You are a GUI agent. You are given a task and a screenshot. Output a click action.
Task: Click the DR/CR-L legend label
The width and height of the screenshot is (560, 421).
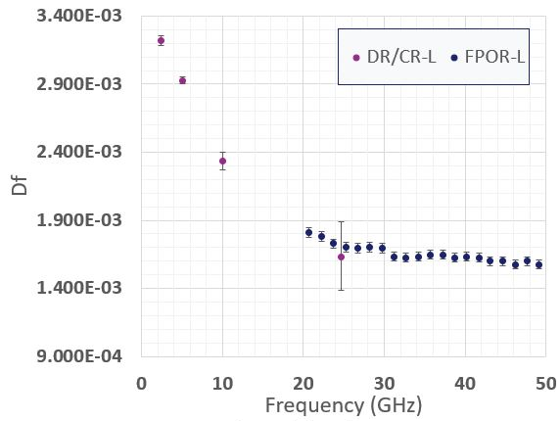(x=401, y=57)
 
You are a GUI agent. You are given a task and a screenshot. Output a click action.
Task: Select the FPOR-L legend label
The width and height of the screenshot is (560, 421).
(x=494, y=57)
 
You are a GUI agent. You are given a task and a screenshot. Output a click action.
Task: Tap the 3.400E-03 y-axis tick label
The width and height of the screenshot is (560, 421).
(x=79, y=16)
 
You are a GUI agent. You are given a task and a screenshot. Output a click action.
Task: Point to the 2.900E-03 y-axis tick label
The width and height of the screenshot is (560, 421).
(x=79, y=84)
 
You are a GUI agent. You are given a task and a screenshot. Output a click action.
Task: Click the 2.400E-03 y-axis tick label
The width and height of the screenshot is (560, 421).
(x=79, y=153)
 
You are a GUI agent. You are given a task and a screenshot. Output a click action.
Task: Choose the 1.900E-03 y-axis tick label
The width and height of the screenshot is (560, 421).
(x=79, y=220)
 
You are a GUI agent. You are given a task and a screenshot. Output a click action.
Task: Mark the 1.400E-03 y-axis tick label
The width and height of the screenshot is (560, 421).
(x=79, y=288)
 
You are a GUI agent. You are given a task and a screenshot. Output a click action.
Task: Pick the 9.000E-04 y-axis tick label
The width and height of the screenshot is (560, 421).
(x=79, y=356)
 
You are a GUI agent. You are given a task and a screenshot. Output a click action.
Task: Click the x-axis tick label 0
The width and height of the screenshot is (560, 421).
(x=141, y=384)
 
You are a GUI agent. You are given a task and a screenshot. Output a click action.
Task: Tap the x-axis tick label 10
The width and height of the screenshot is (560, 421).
(x=222, y=384)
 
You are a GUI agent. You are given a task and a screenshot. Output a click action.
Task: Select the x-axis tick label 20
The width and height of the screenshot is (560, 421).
(x=303, y=384)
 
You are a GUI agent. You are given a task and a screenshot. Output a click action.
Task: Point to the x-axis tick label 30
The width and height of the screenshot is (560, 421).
(x=385, y=384)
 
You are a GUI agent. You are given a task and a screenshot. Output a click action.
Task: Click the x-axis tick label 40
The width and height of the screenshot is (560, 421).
(x=465, y=384)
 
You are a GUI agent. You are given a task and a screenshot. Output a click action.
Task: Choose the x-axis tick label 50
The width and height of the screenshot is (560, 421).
(x=546, y=384)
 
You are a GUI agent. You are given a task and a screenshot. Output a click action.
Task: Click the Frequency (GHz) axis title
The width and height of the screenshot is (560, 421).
(x=344, y=406)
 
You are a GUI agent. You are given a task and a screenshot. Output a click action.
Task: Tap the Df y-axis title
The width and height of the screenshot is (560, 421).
(x=20, y=185)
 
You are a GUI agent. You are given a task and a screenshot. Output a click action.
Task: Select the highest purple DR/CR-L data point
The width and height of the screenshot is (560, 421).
(x=162, y=41)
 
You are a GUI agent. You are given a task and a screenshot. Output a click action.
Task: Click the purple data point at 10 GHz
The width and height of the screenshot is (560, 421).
(x=222, y=161)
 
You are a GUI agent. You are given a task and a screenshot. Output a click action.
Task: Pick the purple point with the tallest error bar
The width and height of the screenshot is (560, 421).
(x=341, y=257)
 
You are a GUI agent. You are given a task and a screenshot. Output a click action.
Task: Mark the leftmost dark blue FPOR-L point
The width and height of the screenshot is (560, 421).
(x=309, y=233)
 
